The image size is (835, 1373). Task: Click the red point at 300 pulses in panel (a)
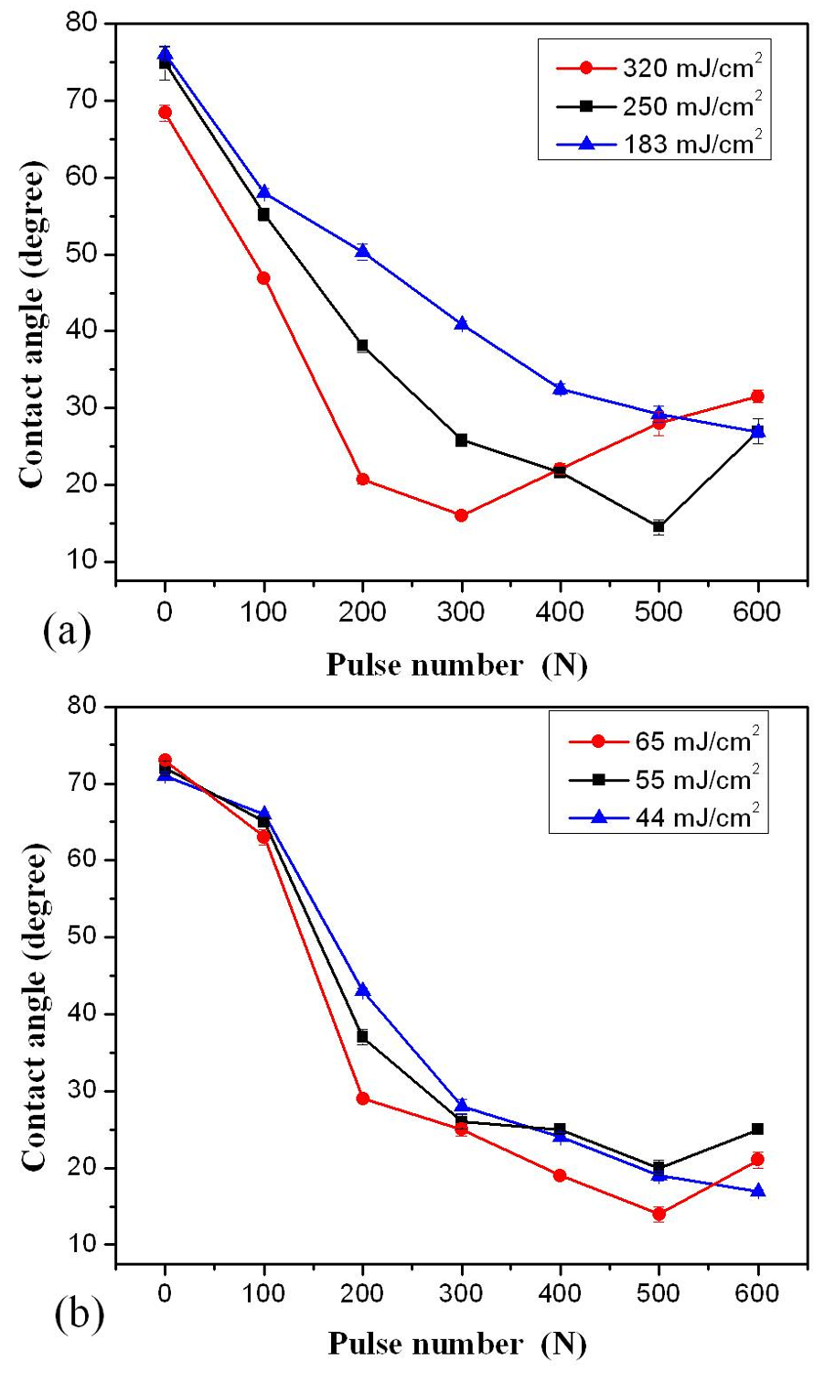461,515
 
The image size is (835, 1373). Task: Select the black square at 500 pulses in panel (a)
658,526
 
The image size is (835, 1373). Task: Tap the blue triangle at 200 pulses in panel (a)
363,251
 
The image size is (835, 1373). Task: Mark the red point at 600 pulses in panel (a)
757,396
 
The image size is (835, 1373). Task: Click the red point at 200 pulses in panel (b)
363,1097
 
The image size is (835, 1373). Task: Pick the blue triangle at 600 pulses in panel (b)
757,1190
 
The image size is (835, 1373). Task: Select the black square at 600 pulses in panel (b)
757,1129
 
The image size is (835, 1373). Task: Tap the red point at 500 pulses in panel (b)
658,1214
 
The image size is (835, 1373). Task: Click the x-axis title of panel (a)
456,665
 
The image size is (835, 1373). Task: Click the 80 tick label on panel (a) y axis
85,24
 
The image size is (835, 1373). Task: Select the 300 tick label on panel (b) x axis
461,1293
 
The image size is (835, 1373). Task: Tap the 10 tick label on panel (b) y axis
85,1244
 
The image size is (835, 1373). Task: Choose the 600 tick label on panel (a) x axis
757,611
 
